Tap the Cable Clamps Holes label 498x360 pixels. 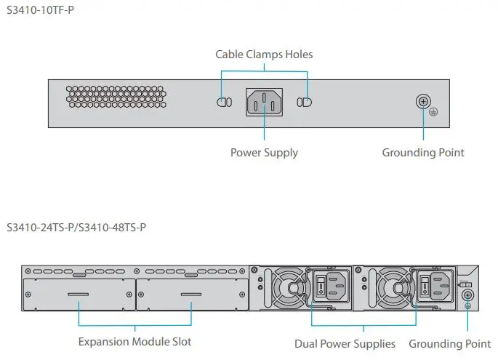click(264, 55)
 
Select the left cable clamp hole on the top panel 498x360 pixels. click(224, 103)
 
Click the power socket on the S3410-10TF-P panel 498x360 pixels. click(264, 103)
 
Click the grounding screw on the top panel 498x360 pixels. click(422, 103)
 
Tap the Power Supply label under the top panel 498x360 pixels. click(264, 153)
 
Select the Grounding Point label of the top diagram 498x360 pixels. click(422, 153)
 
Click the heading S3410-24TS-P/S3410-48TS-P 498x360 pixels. click(76, 228)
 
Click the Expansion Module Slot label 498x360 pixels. click(134, 341)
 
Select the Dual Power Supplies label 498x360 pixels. click(345, 343)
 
